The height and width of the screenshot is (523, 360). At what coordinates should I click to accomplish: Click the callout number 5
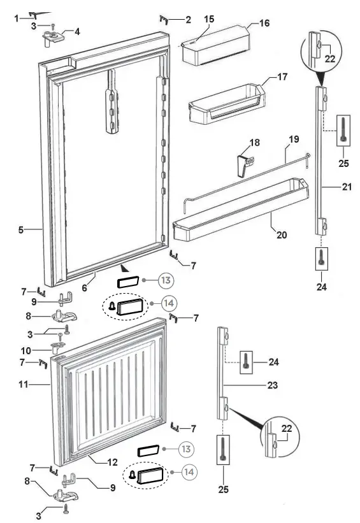(21, 230)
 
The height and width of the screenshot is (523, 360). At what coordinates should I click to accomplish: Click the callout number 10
(25, 350)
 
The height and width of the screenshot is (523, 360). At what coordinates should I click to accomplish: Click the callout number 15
(208, 20)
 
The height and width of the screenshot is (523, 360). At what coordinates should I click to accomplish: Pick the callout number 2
(188, 20)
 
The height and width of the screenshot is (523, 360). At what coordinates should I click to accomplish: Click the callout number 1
(17, 18)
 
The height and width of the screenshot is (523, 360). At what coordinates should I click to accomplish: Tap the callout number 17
(282, 77)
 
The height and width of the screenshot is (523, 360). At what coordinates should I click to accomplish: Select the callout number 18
(254, 143)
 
